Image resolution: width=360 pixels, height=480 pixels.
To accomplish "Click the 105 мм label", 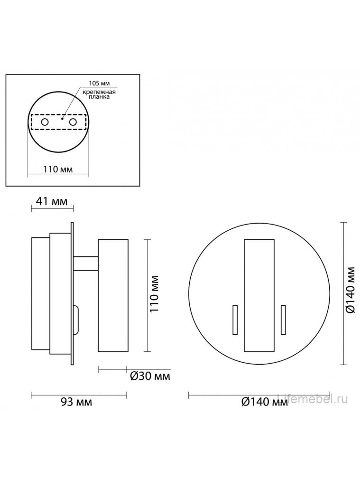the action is [99, 83].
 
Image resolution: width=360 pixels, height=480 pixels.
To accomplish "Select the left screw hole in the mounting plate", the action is [45, 122].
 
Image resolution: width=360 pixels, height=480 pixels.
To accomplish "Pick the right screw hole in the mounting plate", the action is [73, 122].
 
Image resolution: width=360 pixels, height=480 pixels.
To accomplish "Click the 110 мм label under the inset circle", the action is [58, 169].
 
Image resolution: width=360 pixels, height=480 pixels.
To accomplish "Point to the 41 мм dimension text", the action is [52, 202].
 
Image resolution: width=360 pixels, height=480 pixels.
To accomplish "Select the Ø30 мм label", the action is [150, 376].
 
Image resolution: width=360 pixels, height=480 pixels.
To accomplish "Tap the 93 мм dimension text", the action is [76, 402].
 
